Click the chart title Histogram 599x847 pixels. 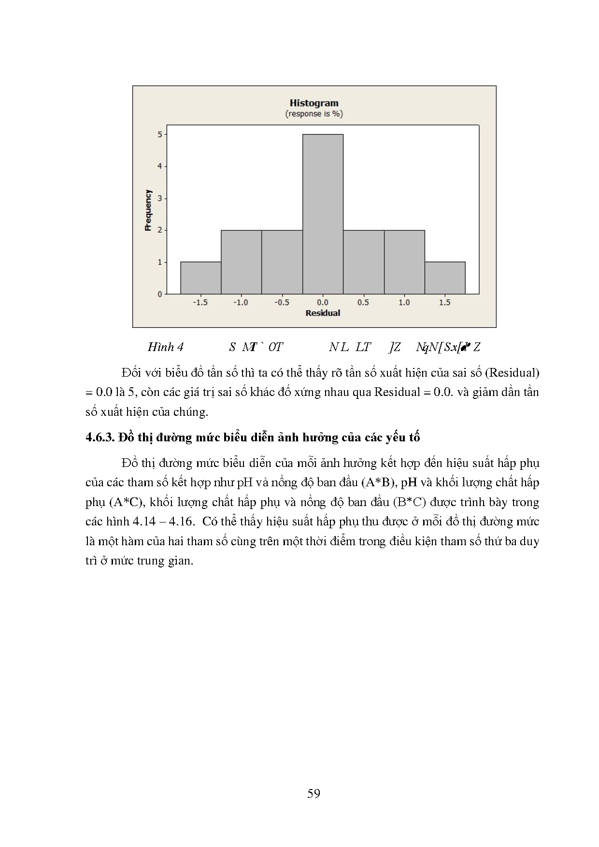click(314, 103)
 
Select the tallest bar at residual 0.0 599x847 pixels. click(323, 214)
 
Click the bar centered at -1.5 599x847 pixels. click(200, 278)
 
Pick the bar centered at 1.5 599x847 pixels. click(445, 278)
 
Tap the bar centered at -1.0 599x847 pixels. click(241, 262)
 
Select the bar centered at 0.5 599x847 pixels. click(363, 262)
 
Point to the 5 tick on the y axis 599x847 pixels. click(160, 134)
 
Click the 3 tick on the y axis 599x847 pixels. click(160, 198)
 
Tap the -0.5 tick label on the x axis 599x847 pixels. click(282, 302)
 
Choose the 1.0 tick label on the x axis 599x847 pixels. click(404, 302)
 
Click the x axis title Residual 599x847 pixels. click(323, 313)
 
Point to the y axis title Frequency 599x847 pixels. click(148, 210)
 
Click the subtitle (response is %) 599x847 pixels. click(314, 114)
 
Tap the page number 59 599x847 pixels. click(314, 793)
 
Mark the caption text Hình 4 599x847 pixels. click(165, 347)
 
